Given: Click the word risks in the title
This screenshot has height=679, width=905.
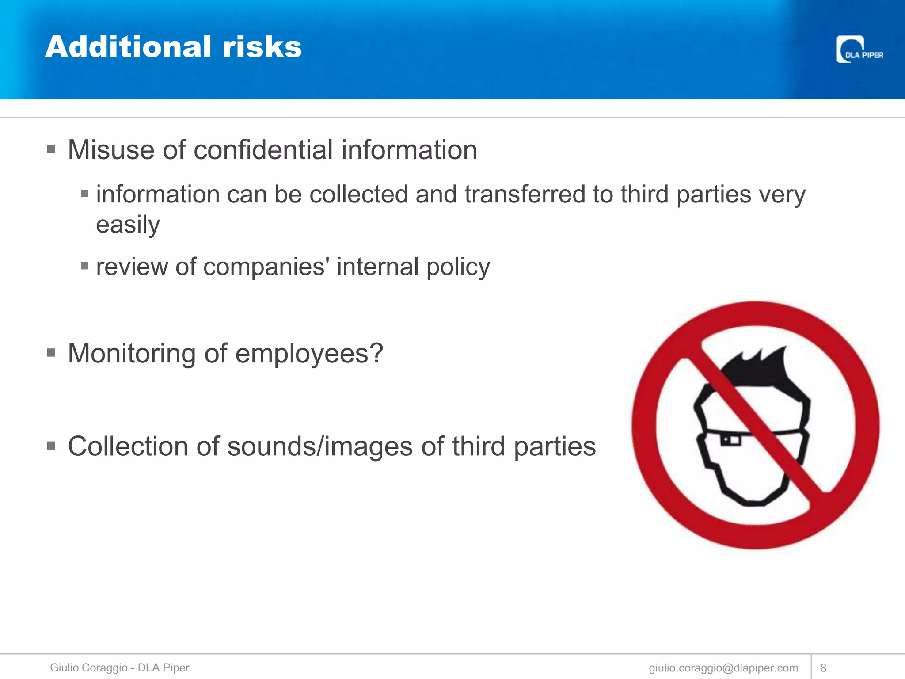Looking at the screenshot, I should (262, 47).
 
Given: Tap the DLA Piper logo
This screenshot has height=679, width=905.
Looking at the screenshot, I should (859, 50).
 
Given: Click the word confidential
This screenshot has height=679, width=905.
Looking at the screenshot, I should (263, 150).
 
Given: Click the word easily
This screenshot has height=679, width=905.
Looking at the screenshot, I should (128, 225).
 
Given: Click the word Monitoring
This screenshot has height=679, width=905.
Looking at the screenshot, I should (131, 354).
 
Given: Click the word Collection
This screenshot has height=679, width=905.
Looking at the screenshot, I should (128, 446).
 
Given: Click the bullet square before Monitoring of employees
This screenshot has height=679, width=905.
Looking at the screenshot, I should (51, 353).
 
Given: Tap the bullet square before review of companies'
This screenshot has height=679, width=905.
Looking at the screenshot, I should (85, 266).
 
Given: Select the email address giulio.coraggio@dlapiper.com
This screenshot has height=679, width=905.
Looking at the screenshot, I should (723, 668).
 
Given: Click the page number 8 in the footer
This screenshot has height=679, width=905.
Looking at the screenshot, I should (823, 668).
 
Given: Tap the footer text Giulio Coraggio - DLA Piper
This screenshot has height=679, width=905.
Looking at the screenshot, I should (119, 668).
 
